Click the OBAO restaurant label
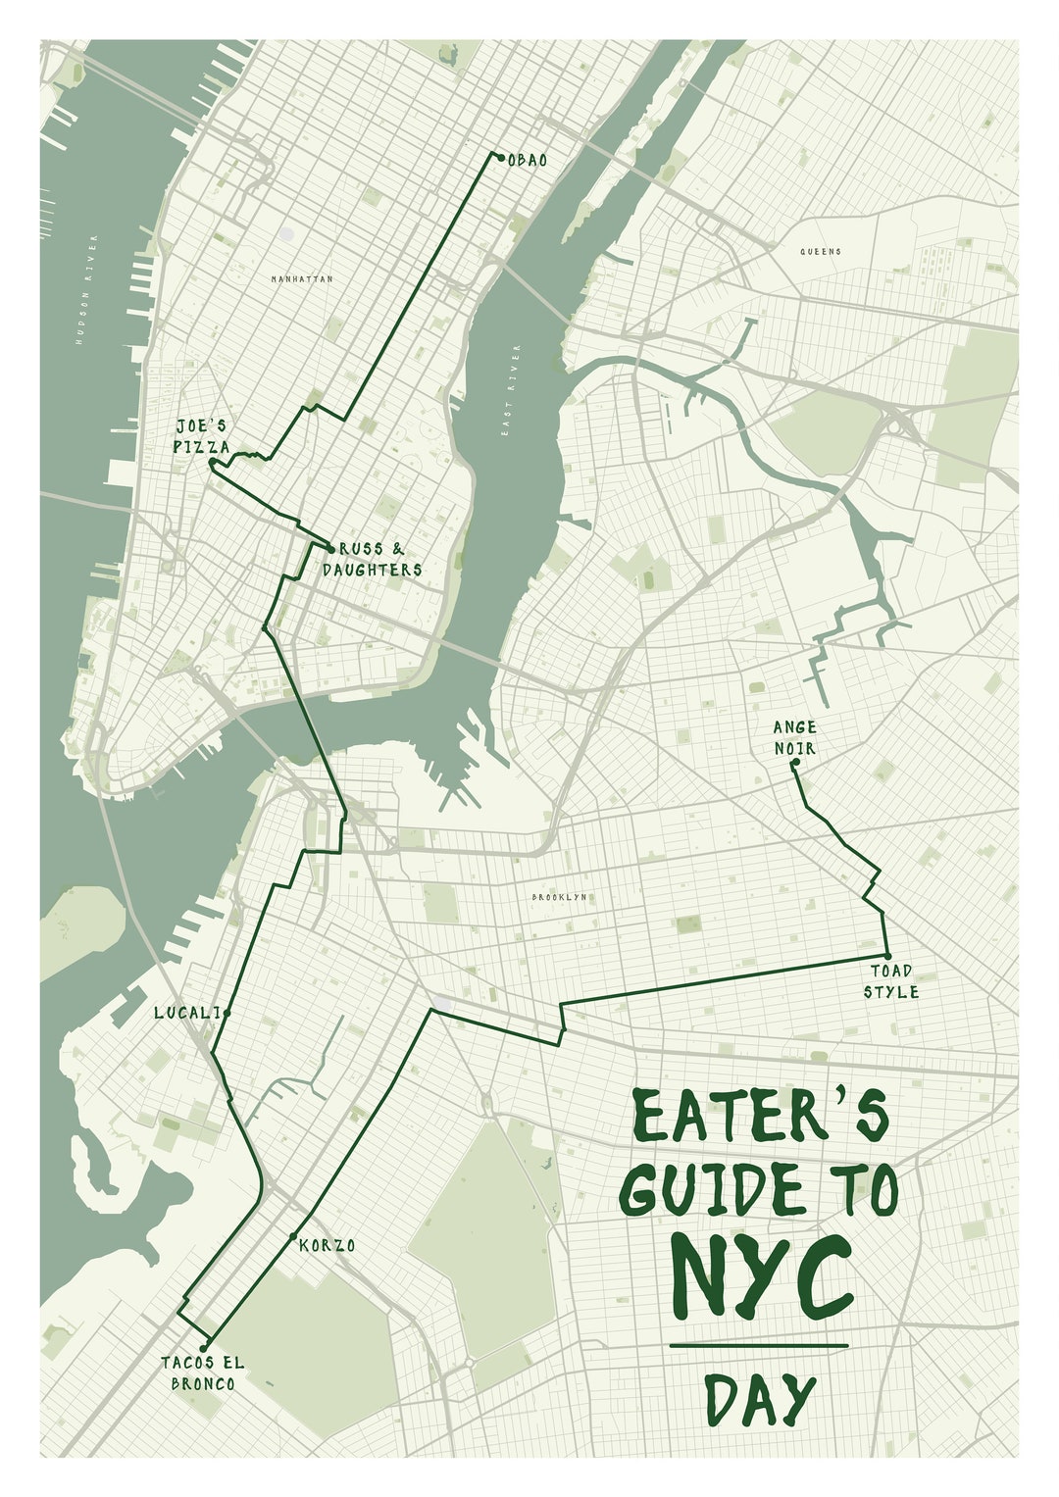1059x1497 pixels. pos(528,159)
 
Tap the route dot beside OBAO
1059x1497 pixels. pos(500,157)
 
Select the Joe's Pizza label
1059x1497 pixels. pos(203,436)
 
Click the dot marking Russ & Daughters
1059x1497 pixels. pos(330,548)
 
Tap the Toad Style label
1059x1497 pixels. pos(890,981)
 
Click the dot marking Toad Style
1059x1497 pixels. pos(887,956)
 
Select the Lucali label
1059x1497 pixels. pos(186,1013)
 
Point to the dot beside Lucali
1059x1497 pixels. pos(227,1013)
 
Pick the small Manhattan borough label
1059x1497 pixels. pos(302,279)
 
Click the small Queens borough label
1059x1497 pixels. pos(821,251)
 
